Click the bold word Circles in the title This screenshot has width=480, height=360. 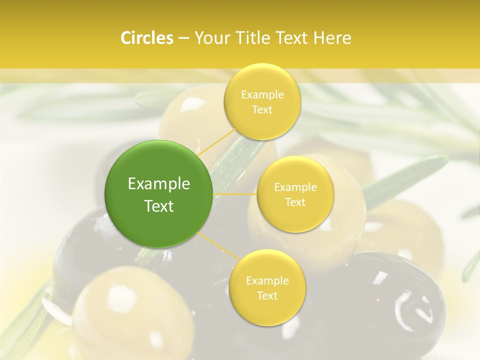click(146, 38)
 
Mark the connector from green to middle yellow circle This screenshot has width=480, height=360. click(235, 194)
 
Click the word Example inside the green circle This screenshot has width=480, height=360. click(159, 184)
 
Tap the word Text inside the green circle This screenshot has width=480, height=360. click(159, 206)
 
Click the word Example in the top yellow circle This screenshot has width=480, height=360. click(262, 95)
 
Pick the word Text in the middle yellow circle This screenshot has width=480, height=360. click(295, 202)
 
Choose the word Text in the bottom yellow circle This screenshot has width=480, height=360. click(267, 296)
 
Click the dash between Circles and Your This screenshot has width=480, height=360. click(183, 38)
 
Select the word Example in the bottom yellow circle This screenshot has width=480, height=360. click(267, 281)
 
